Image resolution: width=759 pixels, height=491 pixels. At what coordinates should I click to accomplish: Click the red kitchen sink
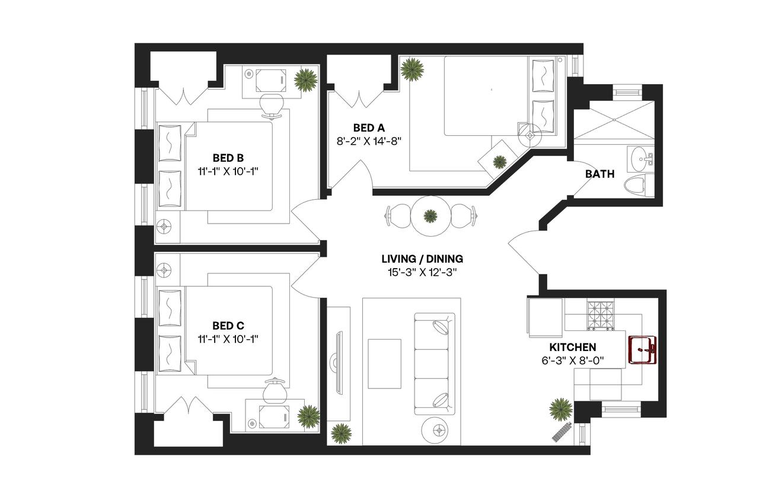pyautogui.click(x=642, y=350)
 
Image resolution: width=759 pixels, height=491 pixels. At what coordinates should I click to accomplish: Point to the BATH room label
pyautogui.click(x=599, y=174)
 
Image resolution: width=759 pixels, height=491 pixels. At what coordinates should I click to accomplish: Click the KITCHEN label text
pyautogui.click(x=572, y=347)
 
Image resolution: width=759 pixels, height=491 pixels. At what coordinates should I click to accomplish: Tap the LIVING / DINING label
pyautogui.click(x=422, y=259)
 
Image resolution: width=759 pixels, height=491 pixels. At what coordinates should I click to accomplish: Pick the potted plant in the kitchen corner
pyautogui.click(x=560, y=409)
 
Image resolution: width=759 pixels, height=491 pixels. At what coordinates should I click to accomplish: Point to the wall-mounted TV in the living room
pyautogui.click(x=339, y=362)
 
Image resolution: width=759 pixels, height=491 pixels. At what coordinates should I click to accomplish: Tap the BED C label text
pyautogui.click(x=228, y=326)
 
